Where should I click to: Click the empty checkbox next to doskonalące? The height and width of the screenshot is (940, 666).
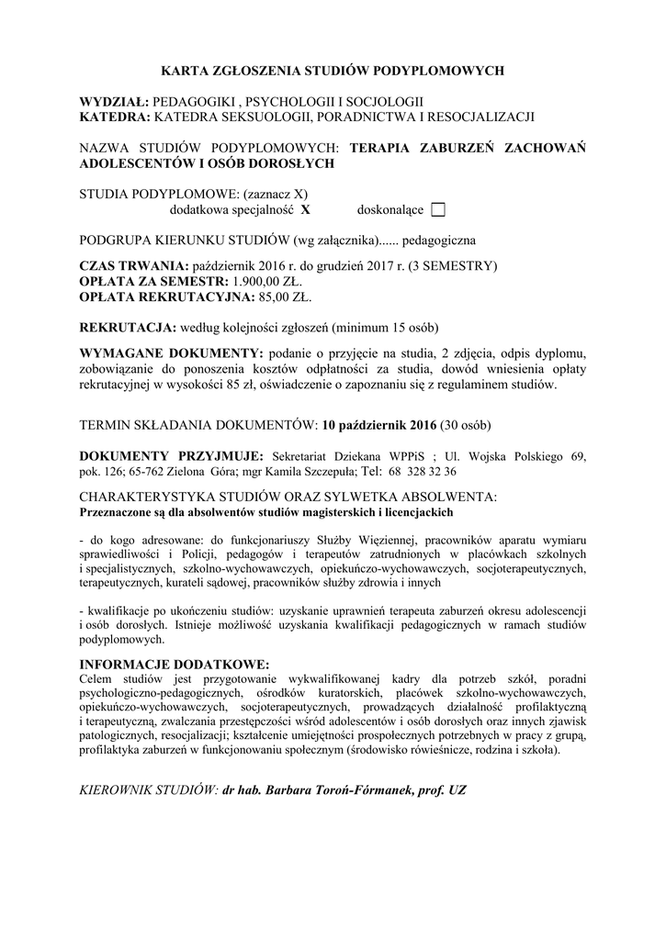[437, 210]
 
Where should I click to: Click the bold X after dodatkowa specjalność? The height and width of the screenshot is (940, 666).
[305, 210]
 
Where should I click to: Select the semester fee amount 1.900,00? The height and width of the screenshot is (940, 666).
[263, 282]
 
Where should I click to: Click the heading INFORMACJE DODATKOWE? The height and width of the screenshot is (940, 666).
[175, 664]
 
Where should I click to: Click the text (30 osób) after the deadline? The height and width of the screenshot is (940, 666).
[466, 425]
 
